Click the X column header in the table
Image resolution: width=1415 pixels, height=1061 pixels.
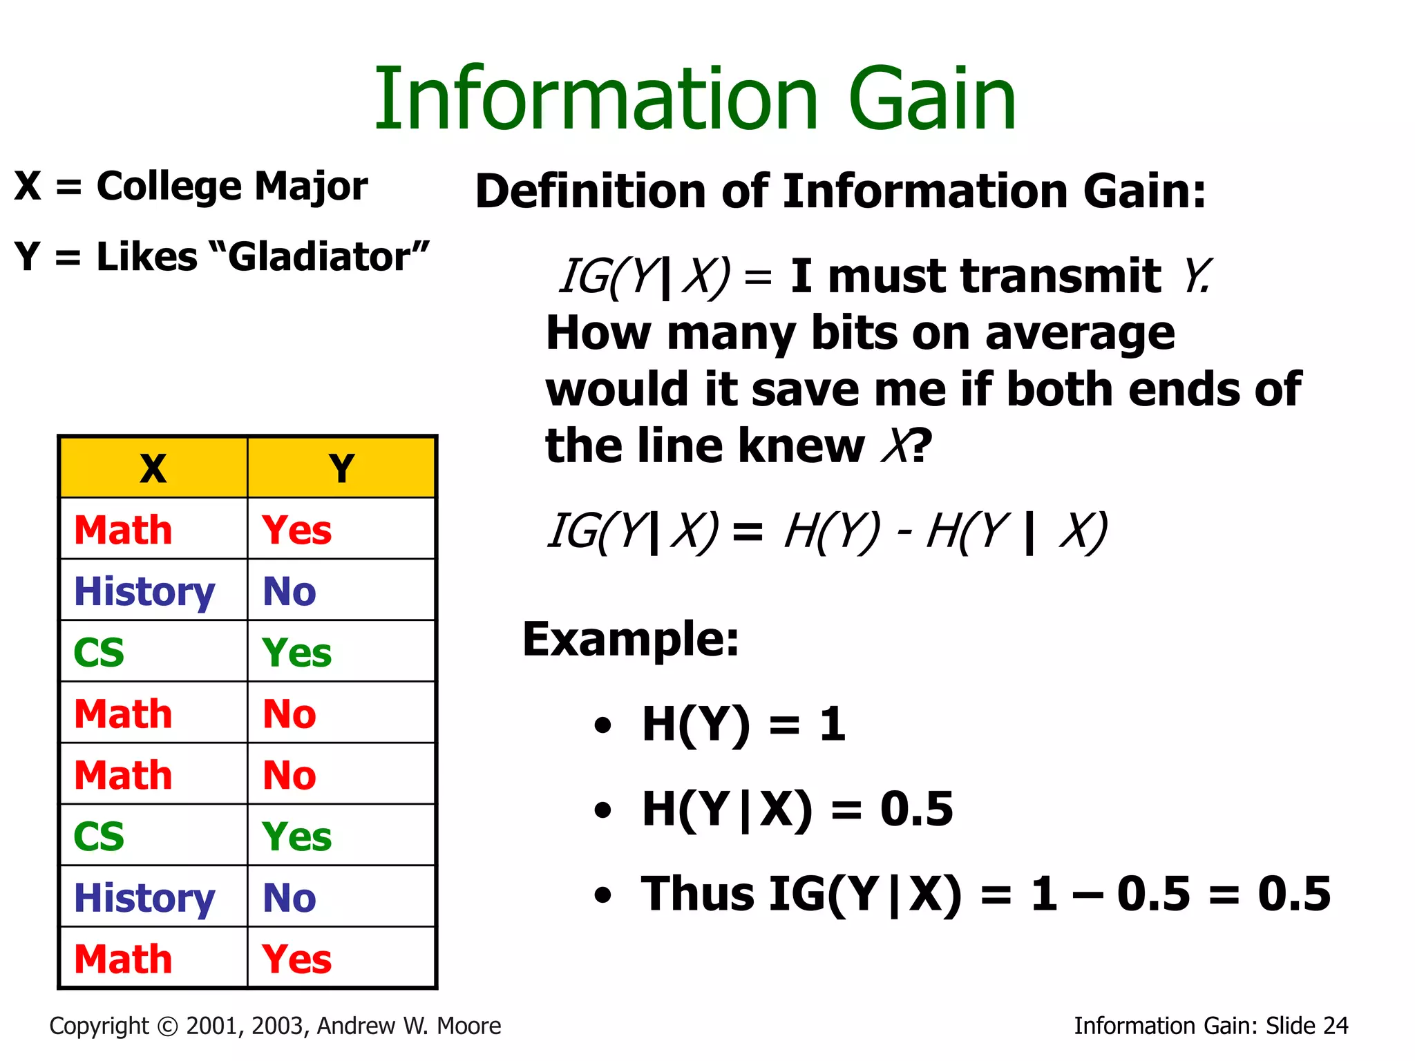tap(153, 468)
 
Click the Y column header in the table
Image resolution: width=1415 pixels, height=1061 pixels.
tap(341, 468)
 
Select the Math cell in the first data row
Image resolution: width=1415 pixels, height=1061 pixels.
tap(123, 530)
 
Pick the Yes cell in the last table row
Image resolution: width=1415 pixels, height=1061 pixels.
tap(296, 959)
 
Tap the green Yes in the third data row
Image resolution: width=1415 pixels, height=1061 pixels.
tap(296, 652)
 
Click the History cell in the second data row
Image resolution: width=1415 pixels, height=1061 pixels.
tap(144, 592)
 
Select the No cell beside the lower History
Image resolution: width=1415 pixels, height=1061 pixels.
tap(289, 897)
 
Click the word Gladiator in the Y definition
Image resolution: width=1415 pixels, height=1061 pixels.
tap(319, 257)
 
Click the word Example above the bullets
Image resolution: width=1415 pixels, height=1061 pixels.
tap(629, 639)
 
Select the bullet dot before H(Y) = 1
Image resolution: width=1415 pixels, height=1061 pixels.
tap(602, 725)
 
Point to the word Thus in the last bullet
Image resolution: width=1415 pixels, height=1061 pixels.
tap(696, 893)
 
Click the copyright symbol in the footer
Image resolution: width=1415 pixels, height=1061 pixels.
tap(167, 1026)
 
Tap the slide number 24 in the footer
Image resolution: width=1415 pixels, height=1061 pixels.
tap(1335, 1026)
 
